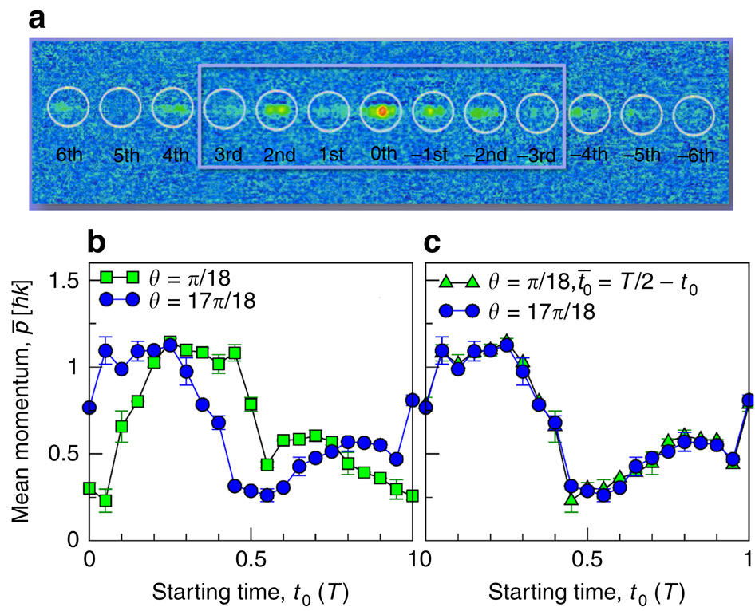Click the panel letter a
click(x=39, y=17)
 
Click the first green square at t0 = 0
click(x=89, y=487)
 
